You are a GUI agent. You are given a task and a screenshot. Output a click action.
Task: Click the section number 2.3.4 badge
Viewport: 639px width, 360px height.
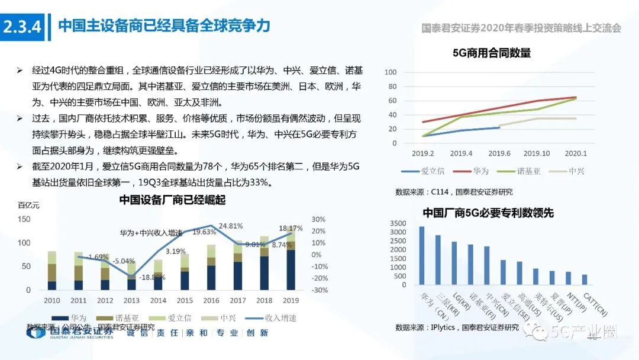point(23,27)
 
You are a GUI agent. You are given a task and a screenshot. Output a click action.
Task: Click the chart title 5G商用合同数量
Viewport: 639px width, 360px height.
point(491,53)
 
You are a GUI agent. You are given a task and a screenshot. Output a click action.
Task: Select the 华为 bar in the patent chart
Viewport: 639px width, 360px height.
point(422,256)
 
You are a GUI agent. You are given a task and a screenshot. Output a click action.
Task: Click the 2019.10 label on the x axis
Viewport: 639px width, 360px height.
point(537,154)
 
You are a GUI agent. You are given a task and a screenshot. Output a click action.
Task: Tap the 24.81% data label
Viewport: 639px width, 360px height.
point(231,226)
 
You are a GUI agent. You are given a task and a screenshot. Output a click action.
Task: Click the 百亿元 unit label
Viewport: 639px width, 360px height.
point(28,205)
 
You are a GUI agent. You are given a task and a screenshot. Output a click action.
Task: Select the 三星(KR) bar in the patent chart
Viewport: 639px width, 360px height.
point(438,261)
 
